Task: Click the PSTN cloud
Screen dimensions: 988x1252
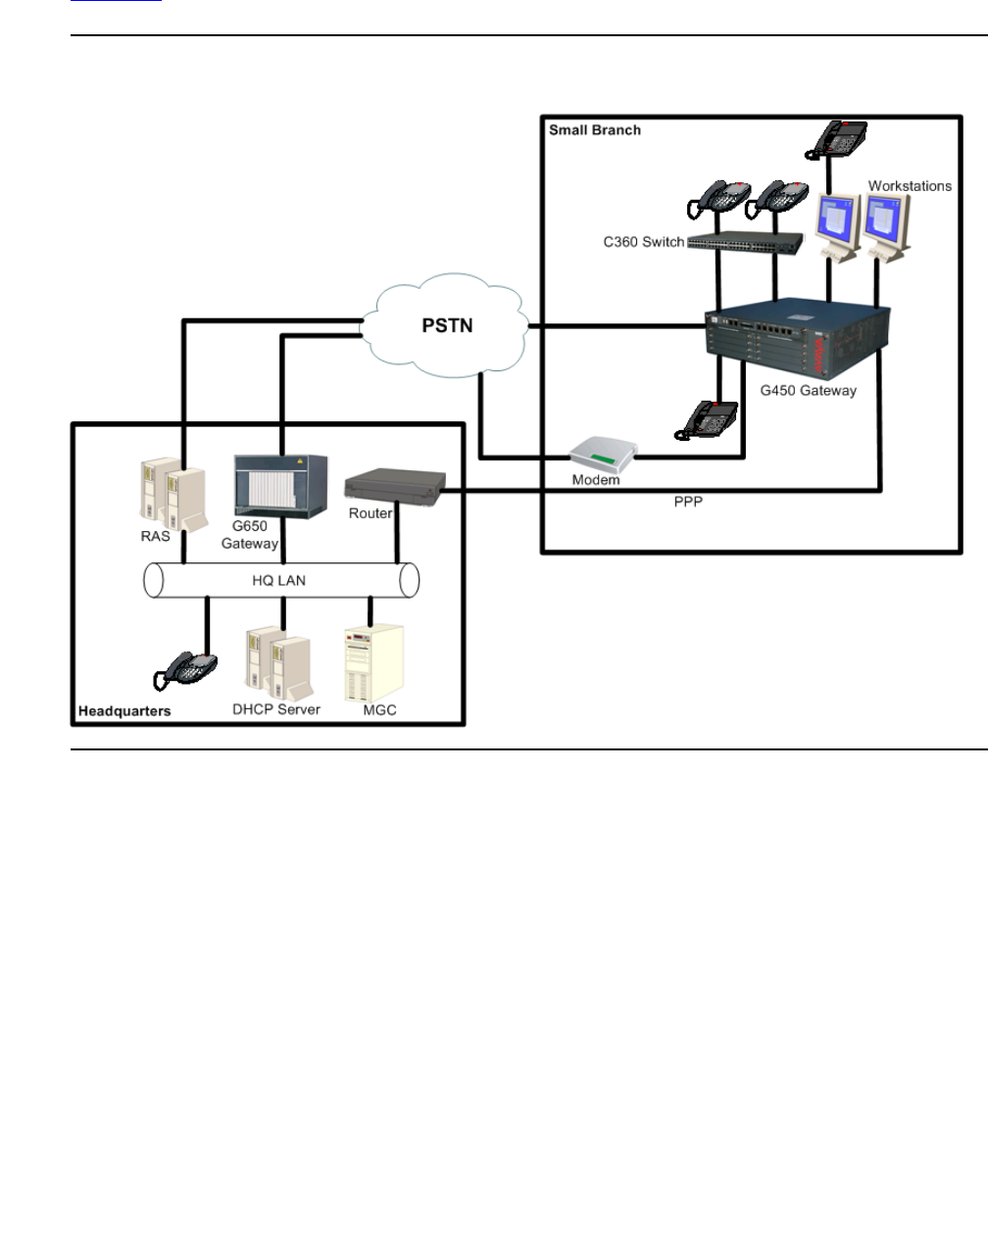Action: click(447, 326)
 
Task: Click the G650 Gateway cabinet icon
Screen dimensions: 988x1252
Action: click(280, 487)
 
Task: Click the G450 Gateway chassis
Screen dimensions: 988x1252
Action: click(798, 340)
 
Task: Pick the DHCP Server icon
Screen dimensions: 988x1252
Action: click(277, 663)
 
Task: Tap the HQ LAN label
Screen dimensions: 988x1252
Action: click(279, 580)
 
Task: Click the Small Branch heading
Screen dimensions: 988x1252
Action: click(595, 129)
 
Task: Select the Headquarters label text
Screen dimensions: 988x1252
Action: click(124, 710)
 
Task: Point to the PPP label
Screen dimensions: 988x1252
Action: click(688, 502)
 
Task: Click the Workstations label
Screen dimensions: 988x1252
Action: click(910, 185)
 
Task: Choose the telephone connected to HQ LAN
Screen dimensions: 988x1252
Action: click(186, 671)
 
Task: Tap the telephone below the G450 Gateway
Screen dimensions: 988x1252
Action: click(707, 418)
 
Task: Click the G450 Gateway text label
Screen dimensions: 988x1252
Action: click(809, 390)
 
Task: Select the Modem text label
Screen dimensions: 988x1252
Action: click(596, 480)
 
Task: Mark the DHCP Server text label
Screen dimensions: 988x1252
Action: click(276, 709)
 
